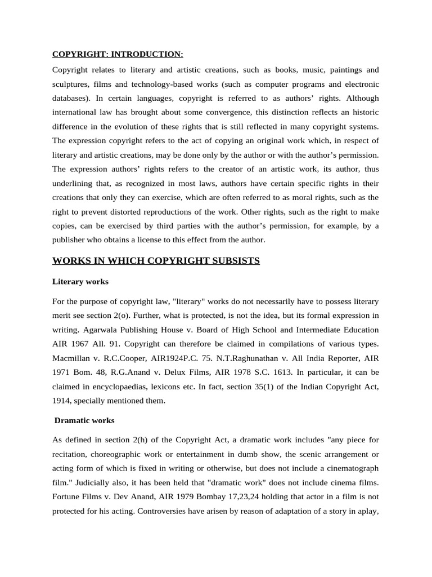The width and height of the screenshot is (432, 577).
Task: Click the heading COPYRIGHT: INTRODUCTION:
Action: pos(118,55)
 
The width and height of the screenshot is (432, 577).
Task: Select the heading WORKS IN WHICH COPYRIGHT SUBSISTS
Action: pos(156,261)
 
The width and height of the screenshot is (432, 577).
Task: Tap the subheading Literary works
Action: pos(80,281)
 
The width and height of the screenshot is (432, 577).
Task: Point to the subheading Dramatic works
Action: pos(84,420)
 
